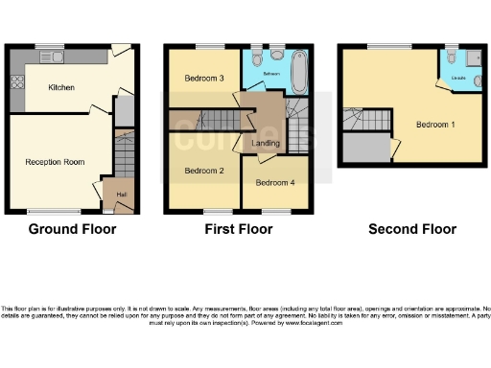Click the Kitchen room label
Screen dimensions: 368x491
point(62,87)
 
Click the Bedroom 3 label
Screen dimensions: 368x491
point(204,78)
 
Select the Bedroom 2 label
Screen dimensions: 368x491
point(203,171)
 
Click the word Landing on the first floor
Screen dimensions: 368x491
point(266,144)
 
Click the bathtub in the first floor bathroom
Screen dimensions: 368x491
point(295,72)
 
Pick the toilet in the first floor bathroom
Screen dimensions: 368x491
point(275,54)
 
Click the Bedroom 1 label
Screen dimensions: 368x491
point(435,125)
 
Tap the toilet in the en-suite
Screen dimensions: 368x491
point(450,55)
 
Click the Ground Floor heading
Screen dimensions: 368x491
point(72,229)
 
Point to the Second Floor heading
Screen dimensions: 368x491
point(412,229)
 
